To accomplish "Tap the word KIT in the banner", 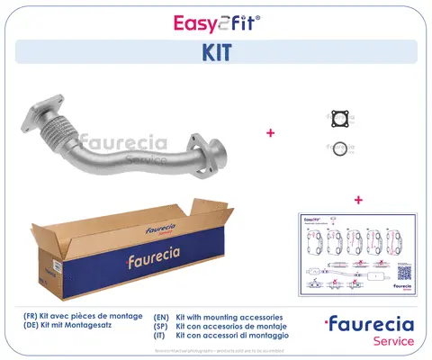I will [x=216, y=51].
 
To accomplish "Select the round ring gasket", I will [x=339, y=148].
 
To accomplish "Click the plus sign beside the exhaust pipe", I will [x=270, y=133].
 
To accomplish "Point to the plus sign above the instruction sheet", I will [x=358, y=199].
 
